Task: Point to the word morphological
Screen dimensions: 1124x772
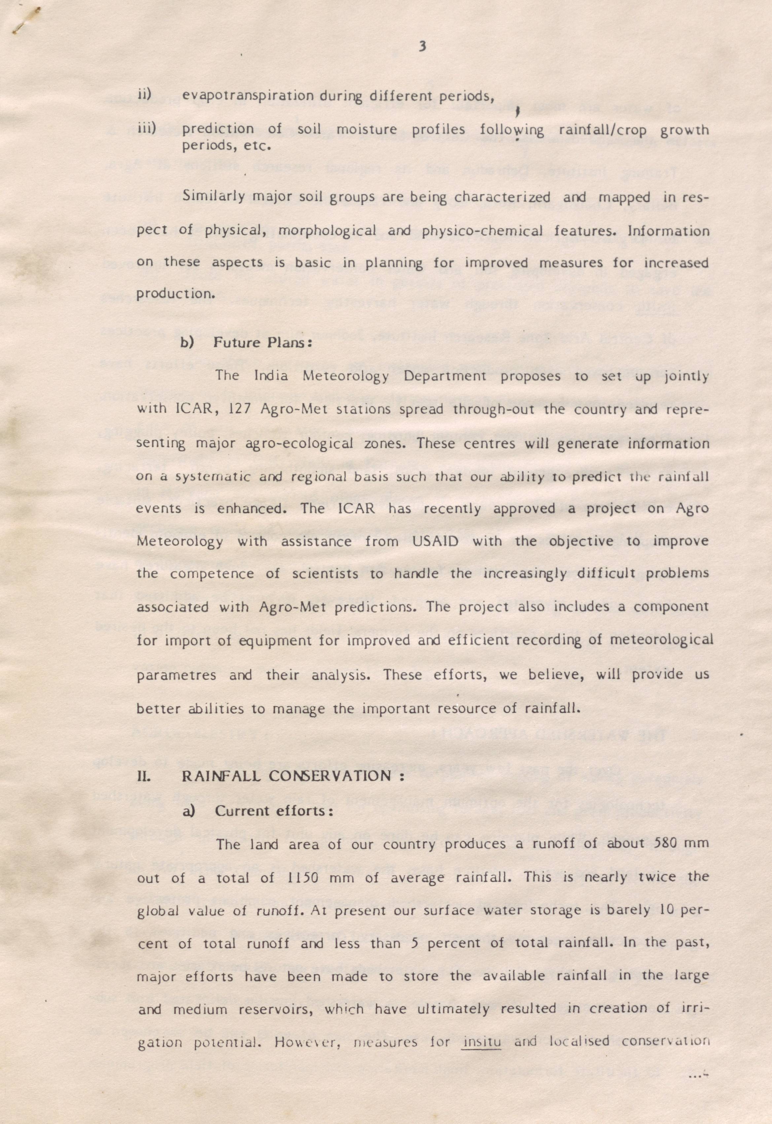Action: tap(328, 231)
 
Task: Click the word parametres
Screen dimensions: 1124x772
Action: tap(177, 675)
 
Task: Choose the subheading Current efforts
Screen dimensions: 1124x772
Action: tap(274, 811)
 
